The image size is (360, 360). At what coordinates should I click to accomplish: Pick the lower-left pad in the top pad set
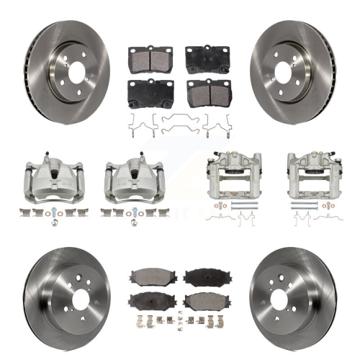point(146,90)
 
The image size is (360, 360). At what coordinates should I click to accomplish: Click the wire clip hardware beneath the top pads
point(175,124)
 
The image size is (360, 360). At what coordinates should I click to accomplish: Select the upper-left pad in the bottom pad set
point(148,276)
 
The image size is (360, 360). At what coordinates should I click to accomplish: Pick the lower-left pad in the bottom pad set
point(148,300)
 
